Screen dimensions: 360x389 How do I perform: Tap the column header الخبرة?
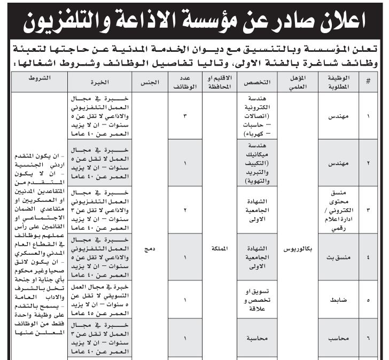(100, 82)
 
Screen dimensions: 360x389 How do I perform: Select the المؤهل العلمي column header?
(299, 82)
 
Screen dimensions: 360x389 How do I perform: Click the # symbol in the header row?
(368, 82)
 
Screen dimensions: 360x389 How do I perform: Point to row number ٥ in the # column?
(368, 301)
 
